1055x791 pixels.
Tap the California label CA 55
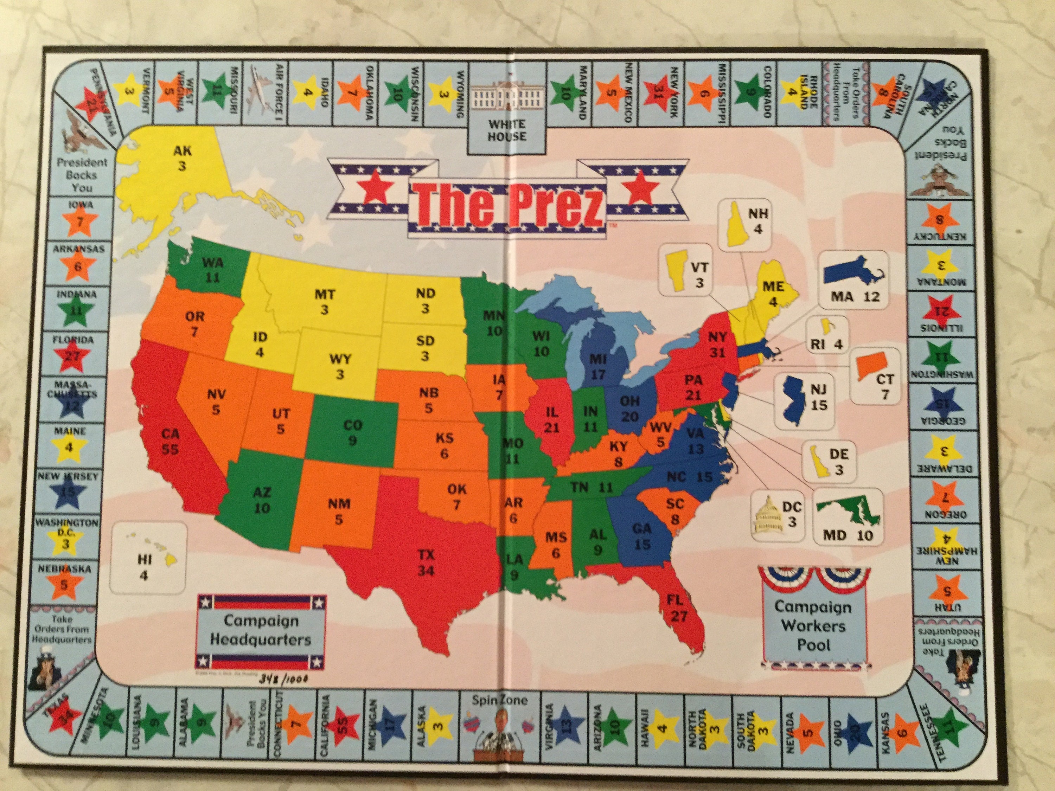tap(170, 441)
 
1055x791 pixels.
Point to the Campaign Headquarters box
tap(261, 630)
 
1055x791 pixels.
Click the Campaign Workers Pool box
tap(814, 625)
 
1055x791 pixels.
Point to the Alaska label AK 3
tap(182, 158)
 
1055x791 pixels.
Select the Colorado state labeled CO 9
tap(352, 431)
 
